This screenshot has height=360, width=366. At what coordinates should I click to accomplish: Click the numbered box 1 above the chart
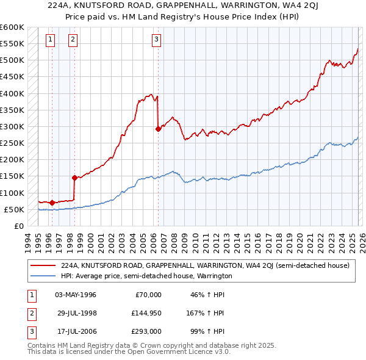click(49, 40)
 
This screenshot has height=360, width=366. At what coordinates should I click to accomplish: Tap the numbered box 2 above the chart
click(73, 40)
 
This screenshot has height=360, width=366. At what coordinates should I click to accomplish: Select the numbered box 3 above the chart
click(156, 40)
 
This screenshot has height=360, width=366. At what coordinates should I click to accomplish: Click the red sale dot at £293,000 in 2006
click(158, 129)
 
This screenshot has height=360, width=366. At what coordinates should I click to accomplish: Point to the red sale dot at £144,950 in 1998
click(74, 178)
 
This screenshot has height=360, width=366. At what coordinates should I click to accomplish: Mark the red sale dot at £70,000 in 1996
click(52, 203)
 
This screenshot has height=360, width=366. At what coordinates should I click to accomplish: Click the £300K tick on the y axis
click(12, 126)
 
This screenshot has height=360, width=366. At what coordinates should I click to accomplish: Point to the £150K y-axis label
click(12, 176)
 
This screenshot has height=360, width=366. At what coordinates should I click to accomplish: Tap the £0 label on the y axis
click(18, 226)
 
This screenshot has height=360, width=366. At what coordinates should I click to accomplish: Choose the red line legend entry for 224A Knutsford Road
click(204, 265)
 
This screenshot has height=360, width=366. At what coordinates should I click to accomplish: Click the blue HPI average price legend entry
click(146, 276)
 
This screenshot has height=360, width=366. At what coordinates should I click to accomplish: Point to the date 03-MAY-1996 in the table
click(76, 295)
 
